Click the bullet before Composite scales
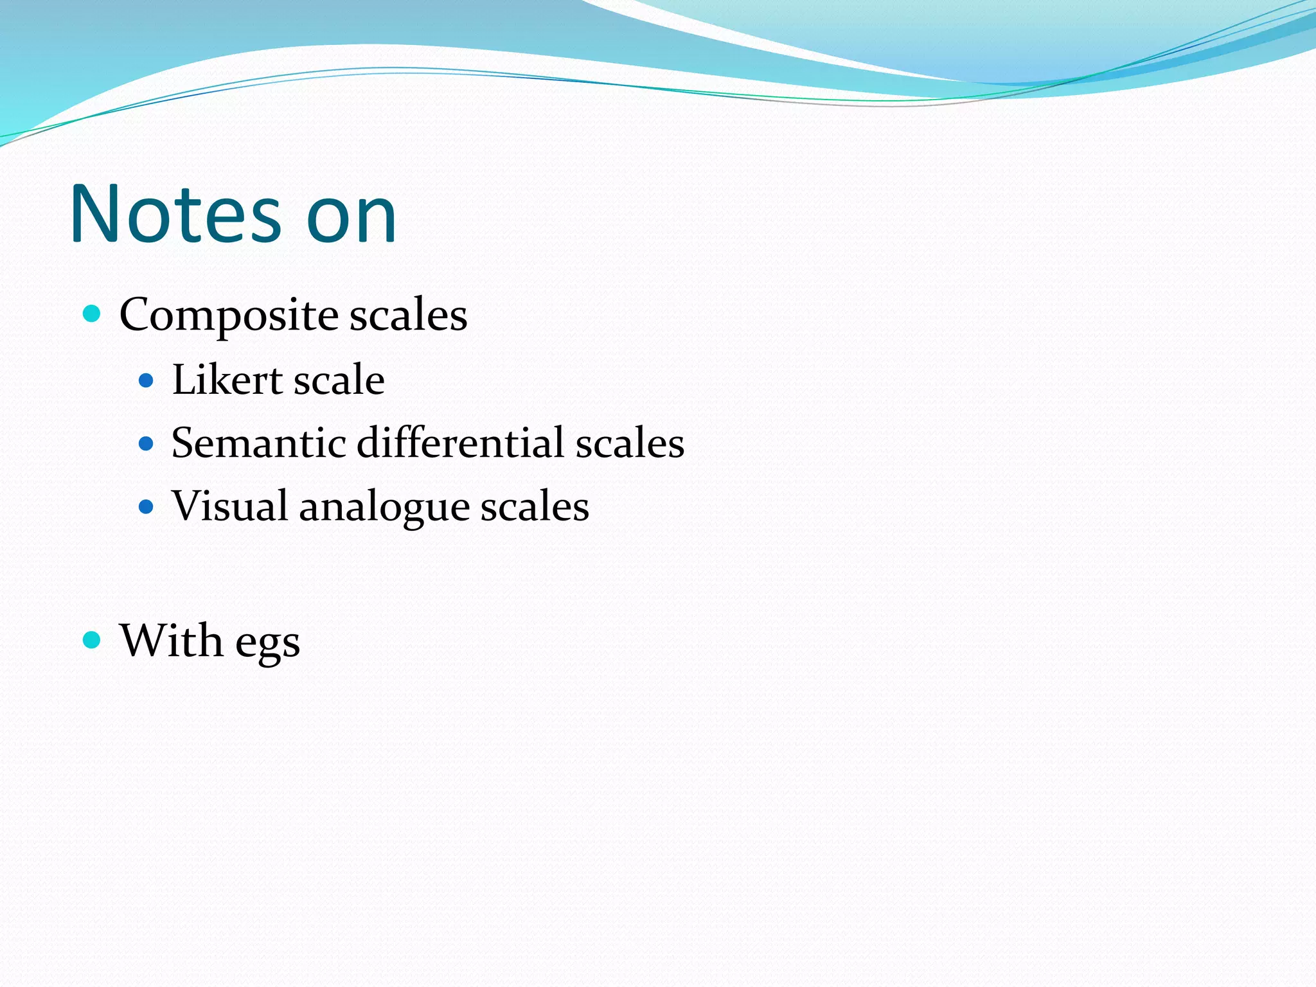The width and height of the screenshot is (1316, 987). click(93, 314)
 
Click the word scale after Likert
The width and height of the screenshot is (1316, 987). click(339, 380)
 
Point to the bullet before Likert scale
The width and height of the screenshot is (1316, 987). click(147, 381)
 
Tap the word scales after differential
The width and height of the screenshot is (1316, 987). click(630, 443)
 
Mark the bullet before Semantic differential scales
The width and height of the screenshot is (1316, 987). click(147, 443)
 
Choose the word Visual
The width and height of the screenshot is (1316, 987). click(229, 506)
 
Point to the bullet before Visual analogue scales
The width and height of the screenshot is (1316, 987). click(147, 507)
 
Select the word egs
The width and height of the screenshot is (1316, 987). click(267, 645)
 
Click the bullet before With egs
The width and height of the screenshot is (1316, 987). click(93, 640)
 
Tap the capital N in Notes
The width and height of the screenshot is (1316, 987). click(94, 214)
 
